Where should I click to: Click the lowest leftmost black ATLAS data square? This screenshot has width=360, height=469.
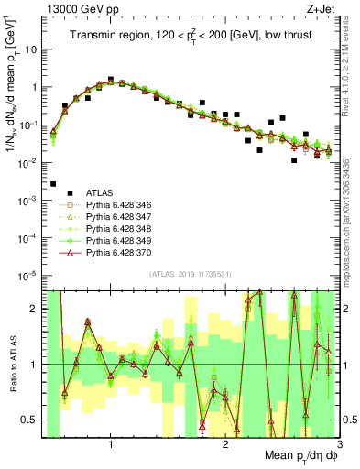click(x=53, y=184)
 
